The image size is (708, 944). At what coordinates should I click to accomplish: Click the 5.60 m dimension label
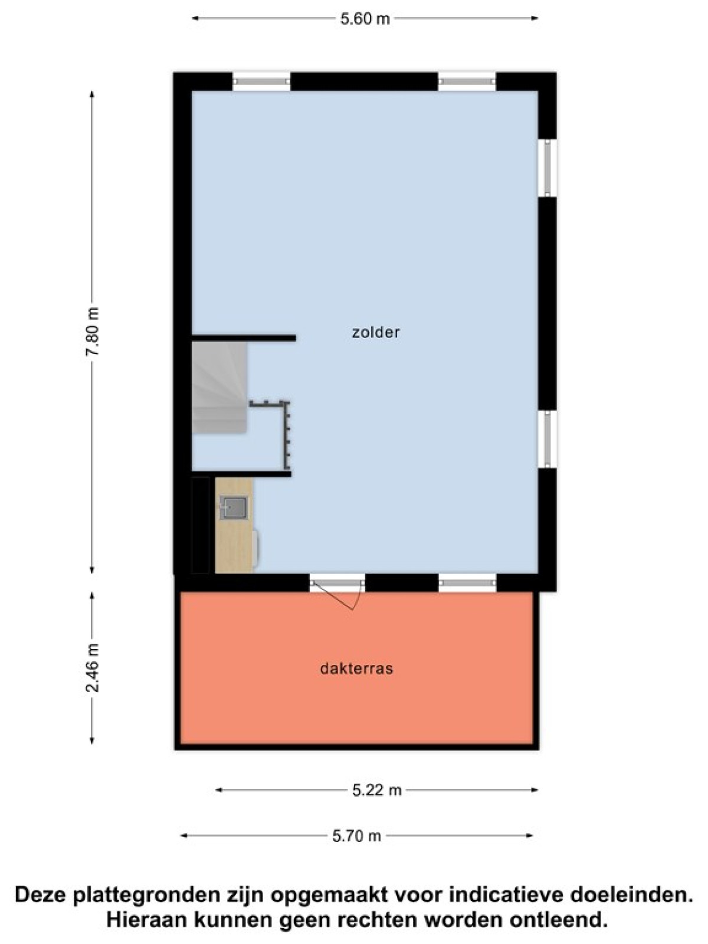point(365,19)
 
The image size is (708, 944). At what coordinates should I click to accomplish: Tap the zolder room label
point(376,332)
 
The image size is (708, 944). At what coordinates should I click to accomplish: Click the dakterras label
point(357,668)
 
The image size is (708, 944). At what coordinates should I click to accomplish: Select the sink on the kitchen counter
point(234,507)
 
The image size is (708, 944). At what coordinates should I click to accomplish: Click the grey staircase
point(219,387)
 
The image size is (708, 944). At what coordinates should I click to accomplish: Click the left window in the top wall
point(262,81)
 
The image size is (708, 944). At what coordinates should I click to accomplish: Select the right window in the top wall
point(467,81)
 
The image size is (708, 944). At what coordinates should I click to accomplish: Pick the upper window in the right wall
point(548,168)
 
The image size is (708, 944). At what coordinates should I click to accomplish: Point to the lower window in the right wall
point(548,439)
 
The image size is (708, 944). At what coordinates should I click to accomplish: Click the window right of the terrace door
point(467,583)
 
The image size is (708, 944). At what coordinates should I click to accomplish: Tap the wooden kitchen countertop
point(234,525)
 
